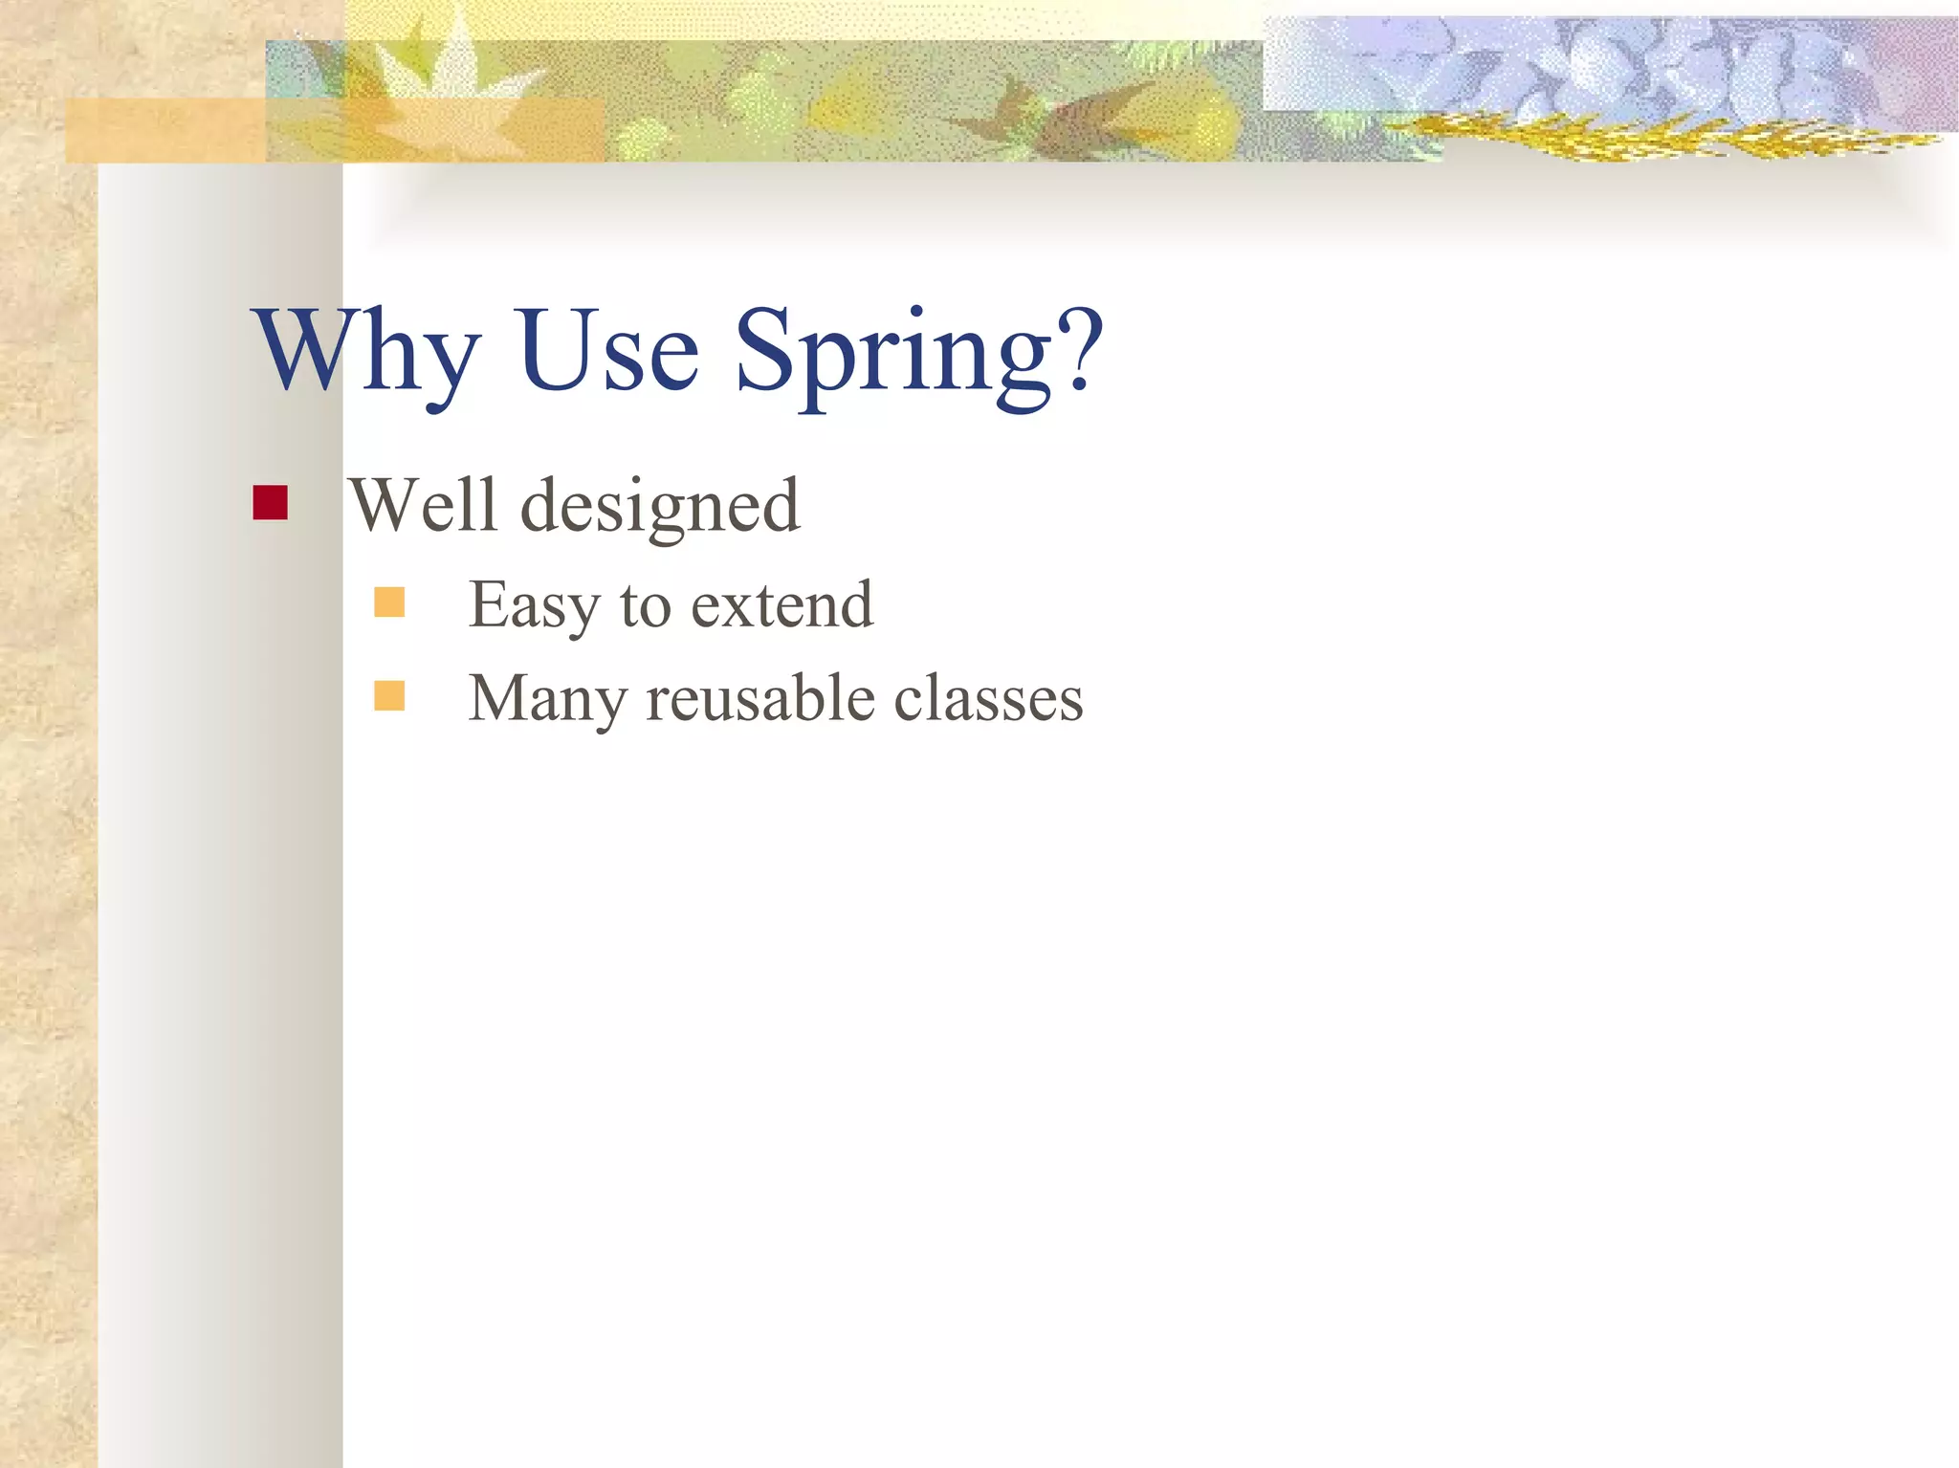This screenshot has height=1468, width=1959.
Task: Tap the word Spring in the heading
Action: [x=894, y=354]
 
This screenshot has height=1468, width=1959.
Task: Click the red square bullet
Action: [x=271, y=503]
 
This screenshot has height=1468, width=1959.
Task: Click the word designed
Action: [x=659, y=507]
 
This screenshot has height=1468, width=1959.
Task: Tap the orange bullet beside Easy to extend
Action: [x=389, y=603]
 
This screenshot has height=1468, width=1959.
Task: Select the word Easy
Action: [x=533, y=605]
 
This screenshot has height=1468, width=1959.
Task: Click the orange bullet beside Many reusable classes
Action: [x=389, y=696]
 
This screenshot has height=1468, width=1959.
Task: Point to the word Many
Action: [x=547, y=699]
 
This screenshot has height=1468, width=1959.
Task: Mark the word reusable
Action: [x=761, y=698]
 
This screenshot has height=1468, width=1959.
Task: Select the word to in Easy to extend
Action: [x=646, y=605]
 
